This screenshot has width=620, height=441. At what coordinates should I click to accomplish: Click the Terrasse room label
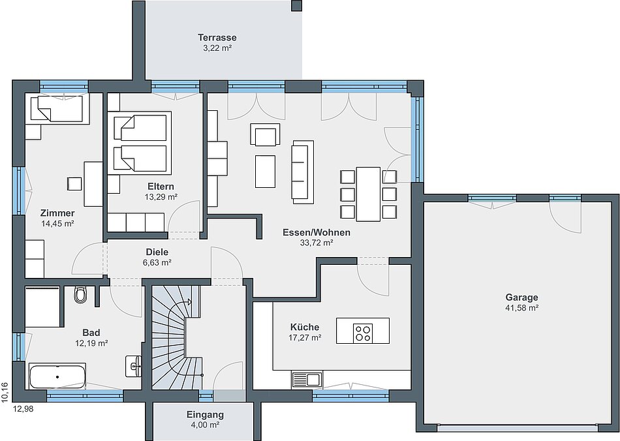[217, 38]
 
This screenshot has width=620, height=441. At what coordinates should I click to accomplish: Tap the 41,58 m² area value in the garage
[521, 308]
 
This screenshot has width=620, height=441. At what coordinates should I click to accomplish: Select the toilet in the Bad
[80, 294]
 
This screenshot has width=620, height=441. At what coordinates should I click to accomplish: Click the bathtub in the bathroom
[57, 376]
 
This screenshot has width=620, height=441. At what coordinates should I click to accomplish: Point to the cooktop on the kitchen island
[363, 332]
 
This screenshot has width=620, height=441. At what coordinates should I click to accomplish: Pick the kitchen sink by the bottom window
[307, 380]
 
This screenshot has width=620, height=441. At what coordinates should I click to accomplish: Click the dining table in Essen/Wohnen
[368, 194]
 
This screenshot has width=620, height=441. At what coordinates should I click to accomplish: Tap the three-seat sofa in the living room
[303, 172]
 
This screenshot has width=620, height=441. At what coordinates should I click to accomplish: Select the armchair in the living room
[265, 135]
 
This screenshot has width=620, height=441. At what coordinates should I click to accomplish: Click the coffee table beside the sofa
[265, 172]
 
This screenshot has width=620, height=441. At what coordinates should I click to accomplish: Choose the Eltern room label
[161, 186]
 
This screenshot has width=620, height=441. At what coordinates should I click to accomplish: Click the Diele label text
[157, 252]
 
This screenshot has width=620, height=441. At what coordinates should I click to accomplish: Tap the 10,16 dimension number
[5, 392]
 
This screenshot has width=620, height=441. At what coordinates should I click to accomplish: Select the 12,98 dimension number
[23, 409]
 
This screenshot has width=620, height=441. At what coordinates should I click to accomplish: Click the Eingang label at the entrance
[205, 415]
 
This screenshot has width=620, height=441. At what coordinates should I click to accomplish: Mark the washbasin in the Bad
[134, 366]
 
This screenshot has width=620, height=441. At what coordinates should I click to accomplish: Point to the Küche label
[305, 327]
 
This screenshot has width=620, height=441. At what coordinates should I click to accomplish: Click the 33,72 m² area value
[317, 243]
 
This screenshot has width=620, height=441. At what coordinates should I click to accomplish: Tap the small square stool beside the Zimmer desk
[74, 184]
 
